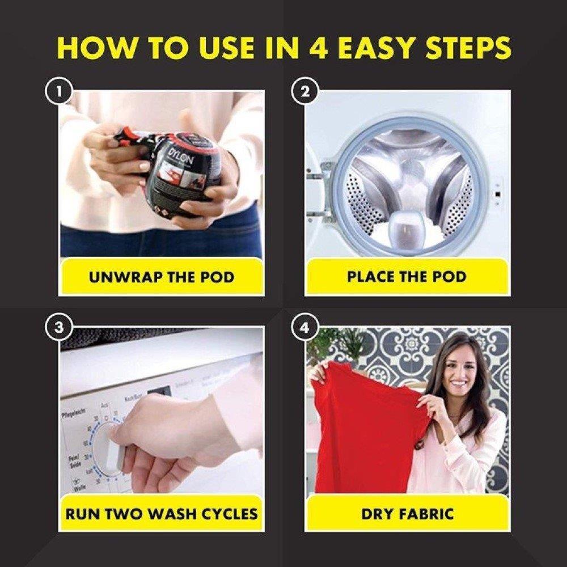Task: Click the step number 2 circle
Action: (x=304, y=92)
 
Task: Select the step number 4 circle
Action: (x=304, y=328)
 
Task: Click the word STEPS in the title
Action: (x=472, y=48)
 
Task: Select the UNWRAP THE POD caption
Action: (x=161, y=278)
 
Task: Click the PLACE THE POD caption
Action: (x=407, y=277)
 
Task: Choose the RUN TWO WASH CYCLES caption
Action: (x=161, y=514)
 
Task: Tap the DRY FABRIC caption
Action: (x=407, y=514)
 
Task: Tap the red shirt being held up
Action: (x=369, y=431)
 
